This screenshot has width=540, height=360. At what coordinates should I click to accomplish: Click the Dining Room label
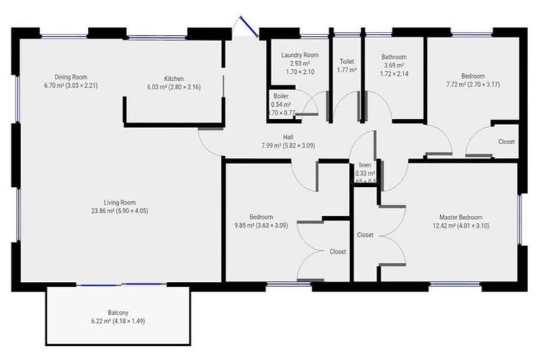click(x=70, y=77)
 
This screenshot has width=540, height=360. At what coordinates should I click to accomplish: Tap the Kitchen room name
click(x=174, y=78)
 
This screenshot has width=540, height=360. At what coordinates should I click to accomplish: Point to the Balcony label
click(x=118, y=312)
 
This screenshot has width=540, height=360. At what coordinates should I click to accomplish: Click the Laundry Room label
click(x=300, y=55)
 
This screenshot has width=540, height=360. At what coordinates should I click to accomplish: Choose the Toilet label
click(x=347, y=61)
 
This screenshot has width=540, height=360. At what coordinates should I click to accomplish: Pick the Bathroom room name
click(x=394, y=57)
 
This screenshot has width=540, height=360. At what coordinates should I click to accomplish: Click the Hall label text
click(x=288, y=137)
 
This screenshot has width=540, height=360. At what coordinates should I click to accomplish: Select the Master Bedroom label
click(x=461, y=217)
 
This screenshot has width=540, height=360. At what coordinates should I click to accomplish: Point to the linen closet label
click(x=365, y=165)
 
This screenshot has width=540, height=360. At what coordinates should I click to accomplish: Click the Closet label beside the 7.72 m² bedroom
click(x=506, y=141)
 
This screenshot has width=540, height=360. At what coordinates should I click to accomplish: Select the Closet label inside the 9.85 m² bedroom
click(x=337, y=251)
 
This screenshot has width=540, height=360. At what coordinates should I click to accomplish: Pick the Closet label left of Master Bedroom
click(x=365, y=234)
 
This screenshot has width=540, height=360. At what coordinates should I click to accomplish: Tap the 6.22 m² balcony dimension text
click(x=118, y=321)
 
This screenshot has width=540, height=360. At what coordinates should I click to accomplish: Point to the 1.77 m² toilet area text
click(x=347, y=70)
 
